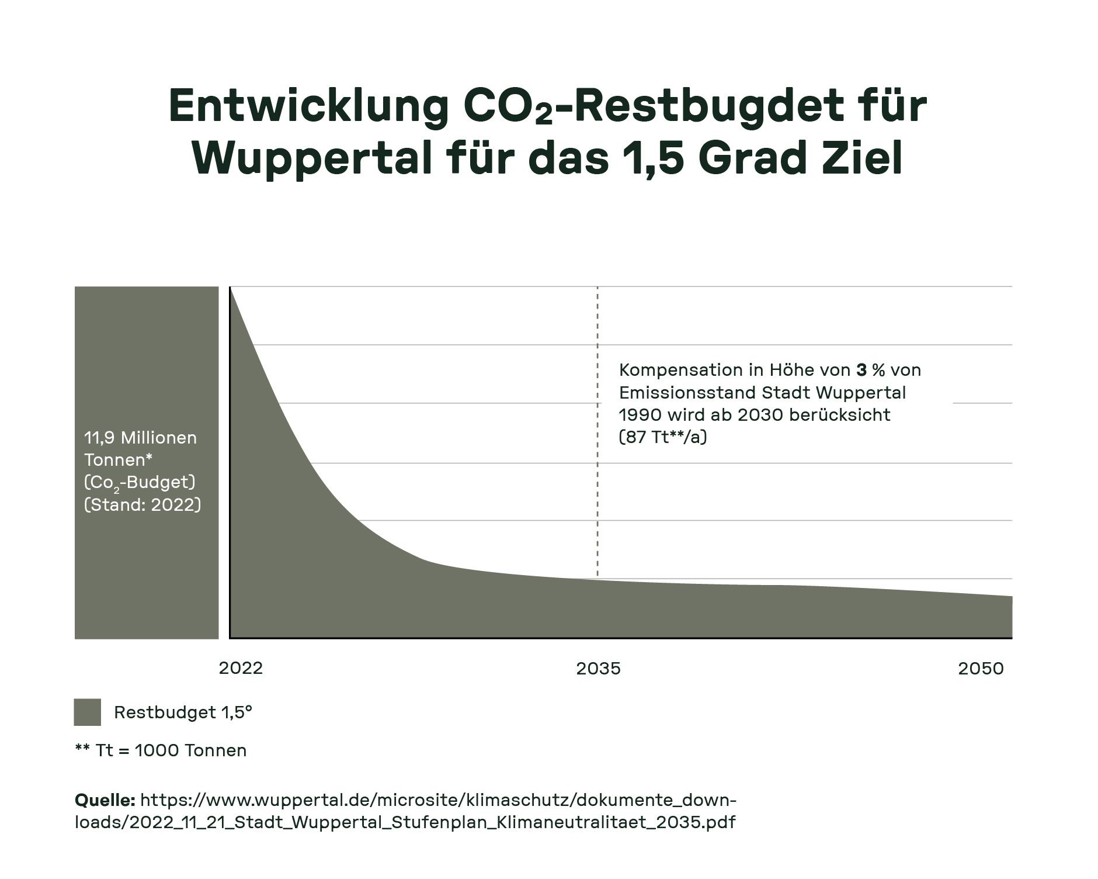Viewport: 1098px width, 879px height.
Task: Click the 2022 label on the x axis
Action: (x=241, y=668)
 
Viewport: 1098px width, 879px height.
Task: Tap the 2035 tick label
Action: (x=598, y=668)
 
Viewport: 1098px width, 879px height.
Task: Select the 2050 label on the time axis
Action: (x=981, y=668)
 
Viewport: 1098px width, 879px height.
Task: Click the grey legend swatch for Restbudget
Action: (x=87, y=712)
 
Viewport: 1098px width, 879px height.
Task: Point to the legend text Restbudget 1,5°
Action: (x=183, y=712)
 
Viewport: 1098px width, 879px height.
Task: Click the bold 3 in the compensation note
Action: (x=861, y=370)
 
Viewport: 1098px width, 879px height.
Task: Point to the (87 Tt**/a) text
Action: (x=662, y=437)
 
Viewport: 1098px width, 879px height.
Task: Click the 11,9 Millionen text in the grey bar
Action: (x=140, y=438)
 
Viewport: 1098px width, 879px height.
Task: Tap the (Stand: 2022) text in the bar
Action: (x=143, y=504)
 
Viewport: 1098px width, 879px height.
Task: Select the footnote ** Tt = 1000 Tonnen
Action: (x=161, y=750)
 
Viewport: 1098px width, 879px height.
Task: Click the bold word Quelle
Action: (x=105, y=800)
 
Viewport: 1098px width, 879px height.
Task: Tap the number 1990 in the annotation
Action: (x=640, y=415)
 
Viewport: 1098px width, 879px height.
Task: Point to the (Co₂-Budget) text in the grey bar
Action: (x=140, y=483)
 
